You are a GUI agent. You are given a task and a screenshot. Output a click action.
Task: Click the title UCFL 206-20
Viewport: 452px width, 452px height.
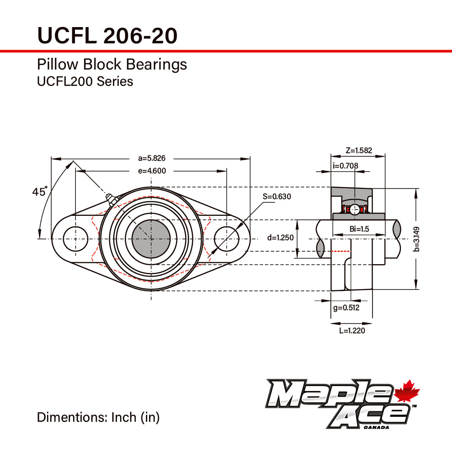107,36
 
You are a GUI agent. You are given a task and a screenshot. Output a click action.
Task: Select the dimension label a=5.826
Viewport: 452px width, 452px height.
152,158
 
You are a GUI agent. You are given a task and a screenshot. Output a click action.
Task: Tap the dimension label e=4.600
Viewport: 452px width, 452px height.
152,171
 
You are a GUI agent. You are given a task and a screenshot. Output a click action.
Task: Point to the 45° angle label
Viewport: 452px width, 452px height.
40,191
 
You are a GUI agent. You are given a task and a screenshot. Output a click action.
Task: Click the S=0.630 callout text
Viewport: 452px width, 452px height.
277,196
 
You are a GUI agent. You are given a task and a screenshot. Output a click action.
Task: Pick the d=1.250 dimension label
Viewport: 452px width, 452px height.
280,238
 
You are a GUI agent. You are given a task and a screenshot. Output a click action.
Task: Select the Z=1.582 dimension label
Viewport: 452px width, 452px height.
359,150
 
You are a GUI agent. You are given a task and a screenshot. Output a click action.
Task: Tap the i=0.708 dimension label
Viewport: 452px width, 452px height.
345,166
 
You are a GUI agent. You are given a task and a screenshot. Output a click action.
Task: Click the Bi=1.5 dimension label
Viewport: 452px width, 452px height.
359,229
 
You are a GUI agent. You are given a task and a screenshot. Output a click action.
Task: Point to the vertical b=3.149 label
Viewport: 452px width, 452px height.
416,239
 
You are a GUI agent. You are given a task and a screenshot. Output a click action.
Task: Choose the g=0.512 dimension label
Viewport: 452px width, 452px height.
346,308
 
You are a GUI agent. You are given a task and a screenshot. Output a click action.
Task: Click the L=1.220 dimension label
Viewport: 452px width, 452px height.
352,331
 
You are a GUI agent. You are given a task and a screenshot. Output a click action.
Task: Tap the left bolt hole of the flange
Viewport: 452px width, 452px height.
75,239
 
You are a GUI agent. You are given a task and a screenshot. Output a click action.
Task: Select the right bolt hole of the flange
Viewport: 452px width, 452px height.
227,239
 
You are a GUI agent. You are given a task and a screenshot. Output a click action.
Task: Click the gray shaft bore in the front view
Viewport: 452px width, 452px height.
151,239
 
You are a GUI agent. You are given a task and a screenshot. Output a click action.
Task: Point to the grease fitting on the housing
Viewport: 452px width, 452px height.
111,200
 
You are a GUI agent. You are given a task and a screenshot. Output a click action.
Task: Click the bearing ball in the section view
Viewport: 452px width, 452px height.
354,210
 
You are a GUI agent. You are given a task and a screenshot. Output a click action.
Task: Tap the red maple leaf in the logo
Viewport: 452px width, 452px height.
407,391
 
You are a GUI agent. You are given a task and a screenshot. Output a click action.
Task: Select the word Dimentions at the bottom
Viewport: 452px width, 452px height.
72,417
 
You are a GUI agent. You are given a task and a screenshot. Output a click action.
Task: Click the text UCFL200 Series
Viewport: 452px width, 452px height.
85,82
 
